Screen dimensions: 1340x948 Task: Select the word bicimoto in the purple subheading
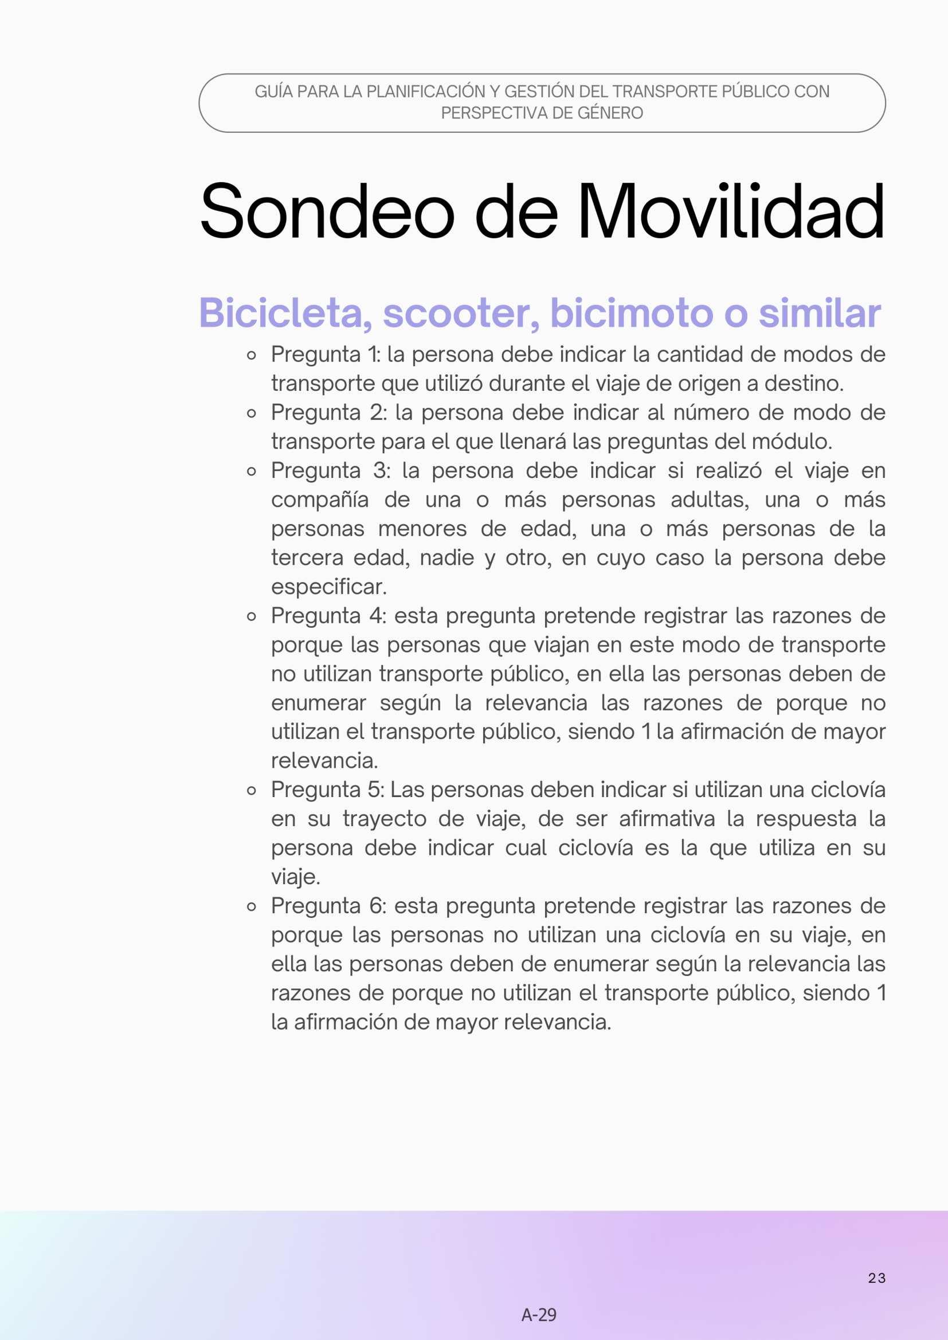(x=631, y=313)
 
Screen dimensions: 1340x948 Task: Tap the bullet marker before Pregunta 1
(x=252, y=355)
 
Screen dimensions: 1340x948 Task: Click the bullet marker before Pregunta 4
(x=252, y=616)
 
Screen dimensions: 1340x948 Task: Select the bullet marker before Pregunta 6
(x=252, y=907)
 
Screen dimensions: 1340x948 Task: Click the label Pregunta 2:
(x=328, y=412)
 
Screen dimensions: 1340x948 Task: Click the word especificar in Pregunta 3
(x=328, y=587)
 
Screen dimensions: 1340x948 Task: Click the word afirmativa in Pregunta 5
(x=667, y=819)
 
